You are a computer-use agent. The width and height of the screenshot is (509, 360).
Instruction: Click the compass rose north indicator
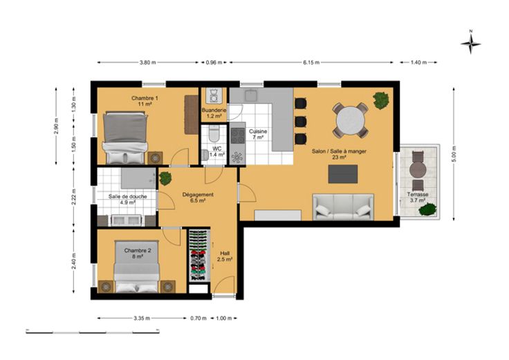471,42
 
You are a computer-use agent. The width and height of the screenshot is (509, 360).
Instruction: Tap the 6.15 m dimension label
311,63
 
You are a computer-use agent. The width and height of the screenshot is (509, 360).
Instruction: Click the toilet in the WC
214,133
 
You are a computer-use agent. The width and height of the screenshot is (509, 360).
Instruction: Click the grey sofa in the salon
343,207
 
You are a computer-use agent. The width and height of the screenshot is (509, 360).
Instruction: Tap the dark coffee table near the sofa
343,174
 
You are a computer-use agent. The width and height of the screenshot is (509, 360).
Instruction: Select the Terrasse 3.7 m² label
418,198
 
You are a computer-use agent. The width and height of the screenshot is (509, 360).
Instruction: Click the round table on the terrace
418,169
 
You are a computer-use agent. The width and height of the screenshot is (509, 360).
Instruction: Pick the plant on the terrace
427,209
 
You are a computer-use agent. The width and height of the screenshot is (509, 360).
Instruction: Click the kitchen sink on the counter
251,95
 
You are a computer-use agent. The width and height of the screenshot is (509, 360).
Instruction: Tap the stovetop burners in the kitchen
238,135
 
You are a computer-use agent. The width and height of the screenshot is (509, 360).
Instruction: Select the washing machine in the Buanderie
214,95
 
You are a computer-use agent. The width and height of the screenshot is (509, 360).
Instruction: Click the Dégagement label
198,195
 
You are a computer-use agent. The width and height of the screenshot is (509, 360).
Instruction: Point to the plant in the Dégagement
165,178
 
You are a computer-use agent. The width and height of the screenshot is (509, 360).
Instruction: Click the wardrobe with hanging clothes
199,255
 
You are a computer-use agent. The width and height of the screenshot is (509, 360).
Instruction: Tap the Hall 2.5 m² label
225,256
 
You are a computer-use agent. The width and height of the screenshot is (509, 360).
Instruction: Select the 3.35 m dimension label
142,319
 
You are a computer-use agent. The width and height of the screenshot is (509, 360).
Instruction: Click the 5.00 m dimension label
454,154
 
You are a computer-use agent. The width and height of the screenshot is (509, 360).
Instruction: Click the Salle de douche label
127,196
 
